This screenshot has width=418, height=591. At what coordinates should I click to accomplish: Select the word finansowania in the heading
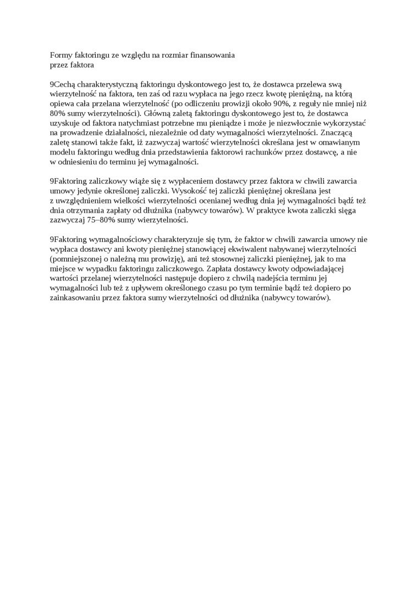212,55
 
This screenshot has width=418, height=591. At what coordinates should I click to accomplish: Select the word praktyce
277,210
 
